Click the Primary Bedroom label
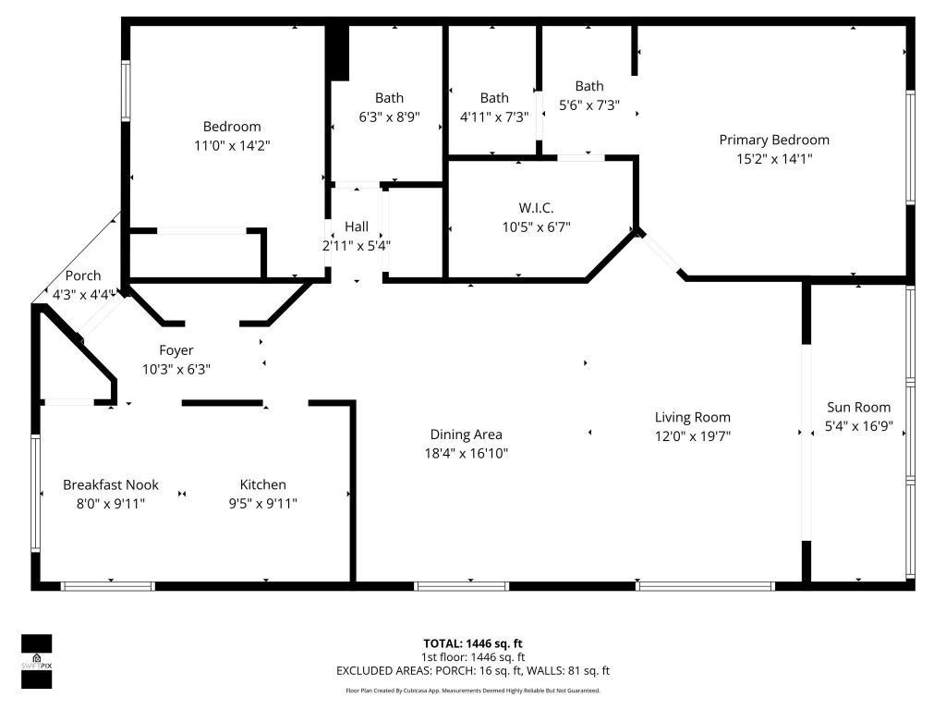tap(774, 140)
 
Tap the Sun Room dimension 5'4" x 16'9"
tap(859, 426)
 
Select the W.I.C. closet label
tap(536, 207)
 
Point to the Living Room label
tap(693, 417)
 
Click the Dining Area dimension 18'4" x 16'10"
tap(466, 453)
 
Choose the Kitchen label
tap(262, 484)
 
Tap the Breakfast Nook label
tap(111, 484)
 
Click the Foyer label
tap(176, 350)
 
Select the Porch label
tap(83, 276)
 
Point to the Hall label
tap(356, 226)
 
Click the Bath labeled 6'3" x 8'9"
tap(389, 98)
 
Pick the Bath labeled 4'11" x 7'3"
tap(494, 98)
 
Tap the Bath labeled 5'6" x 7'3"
tap(588, 87)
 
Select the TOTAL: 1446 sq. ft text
tap(473, 643)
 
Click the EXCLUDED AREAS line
tap(473, 671)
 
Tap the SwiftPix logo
tap(37, 661)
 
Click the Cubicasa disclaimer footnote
tap(473, 691)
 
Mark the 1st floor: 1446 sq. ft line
tap(473, 657)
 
